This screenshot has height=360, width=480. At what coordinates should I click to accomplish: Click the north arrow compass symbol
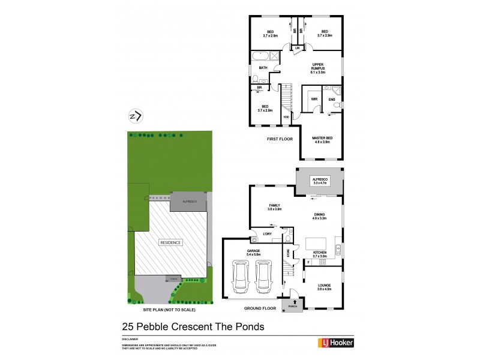(x=136, y=116)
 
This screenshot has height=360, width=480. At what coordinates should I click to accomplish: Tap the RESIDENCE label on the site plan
(x=170, y=242)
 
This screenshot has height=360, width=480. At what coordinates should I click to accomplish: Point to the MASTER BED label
(x=322, y=139)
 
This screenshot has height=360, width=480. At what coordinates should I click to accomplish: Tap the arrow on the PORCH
(x=294, y=302)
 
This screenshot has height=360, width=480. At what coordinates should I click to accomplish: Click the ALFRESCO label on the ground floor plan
(x=319, y=179)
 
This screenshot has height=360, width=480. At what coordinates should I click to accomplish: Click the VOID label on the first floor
(x=286, y=117)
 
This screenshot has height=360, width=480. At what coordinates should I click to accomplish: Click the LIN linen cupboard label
(x=296, y=47)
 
